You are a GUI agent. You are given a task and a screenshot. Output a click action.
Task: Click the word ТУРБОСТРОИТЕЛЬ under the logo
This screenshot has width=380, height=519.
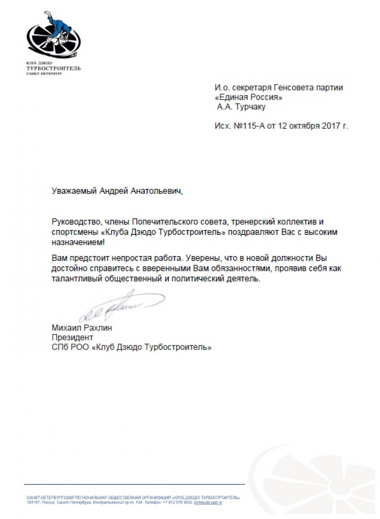click(54, 68)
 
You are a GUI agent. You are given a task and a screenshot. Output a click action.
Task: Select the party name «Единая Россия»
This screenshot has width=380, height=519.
click(248, 97)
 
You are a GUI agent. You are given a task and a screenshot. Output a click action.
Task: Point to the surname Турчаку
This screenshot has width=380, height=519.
click(250, 107)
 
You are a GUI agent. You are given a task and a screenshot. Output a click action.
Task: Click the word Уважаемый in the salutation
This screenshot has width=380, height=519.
click(74, 191)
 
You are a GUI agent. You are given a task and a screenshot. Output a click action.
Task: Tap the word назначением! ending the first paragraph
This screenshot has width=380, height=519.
click(78, 243)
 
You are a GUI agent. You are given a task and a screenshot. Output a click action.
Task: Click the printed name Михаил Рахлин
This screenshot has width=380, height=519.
click(82, 328)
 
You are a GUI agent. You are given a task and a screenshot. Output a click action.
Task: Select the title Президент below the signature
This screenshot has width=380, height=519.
click(72, 337)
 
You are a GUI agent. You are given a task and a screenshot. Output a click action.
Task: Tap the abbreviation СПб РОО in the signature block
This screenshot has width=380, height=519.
click(70, 347)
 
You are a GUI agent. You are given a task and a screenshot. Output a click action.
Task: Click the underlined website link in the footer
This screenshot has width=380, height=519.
click(208, 502)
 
